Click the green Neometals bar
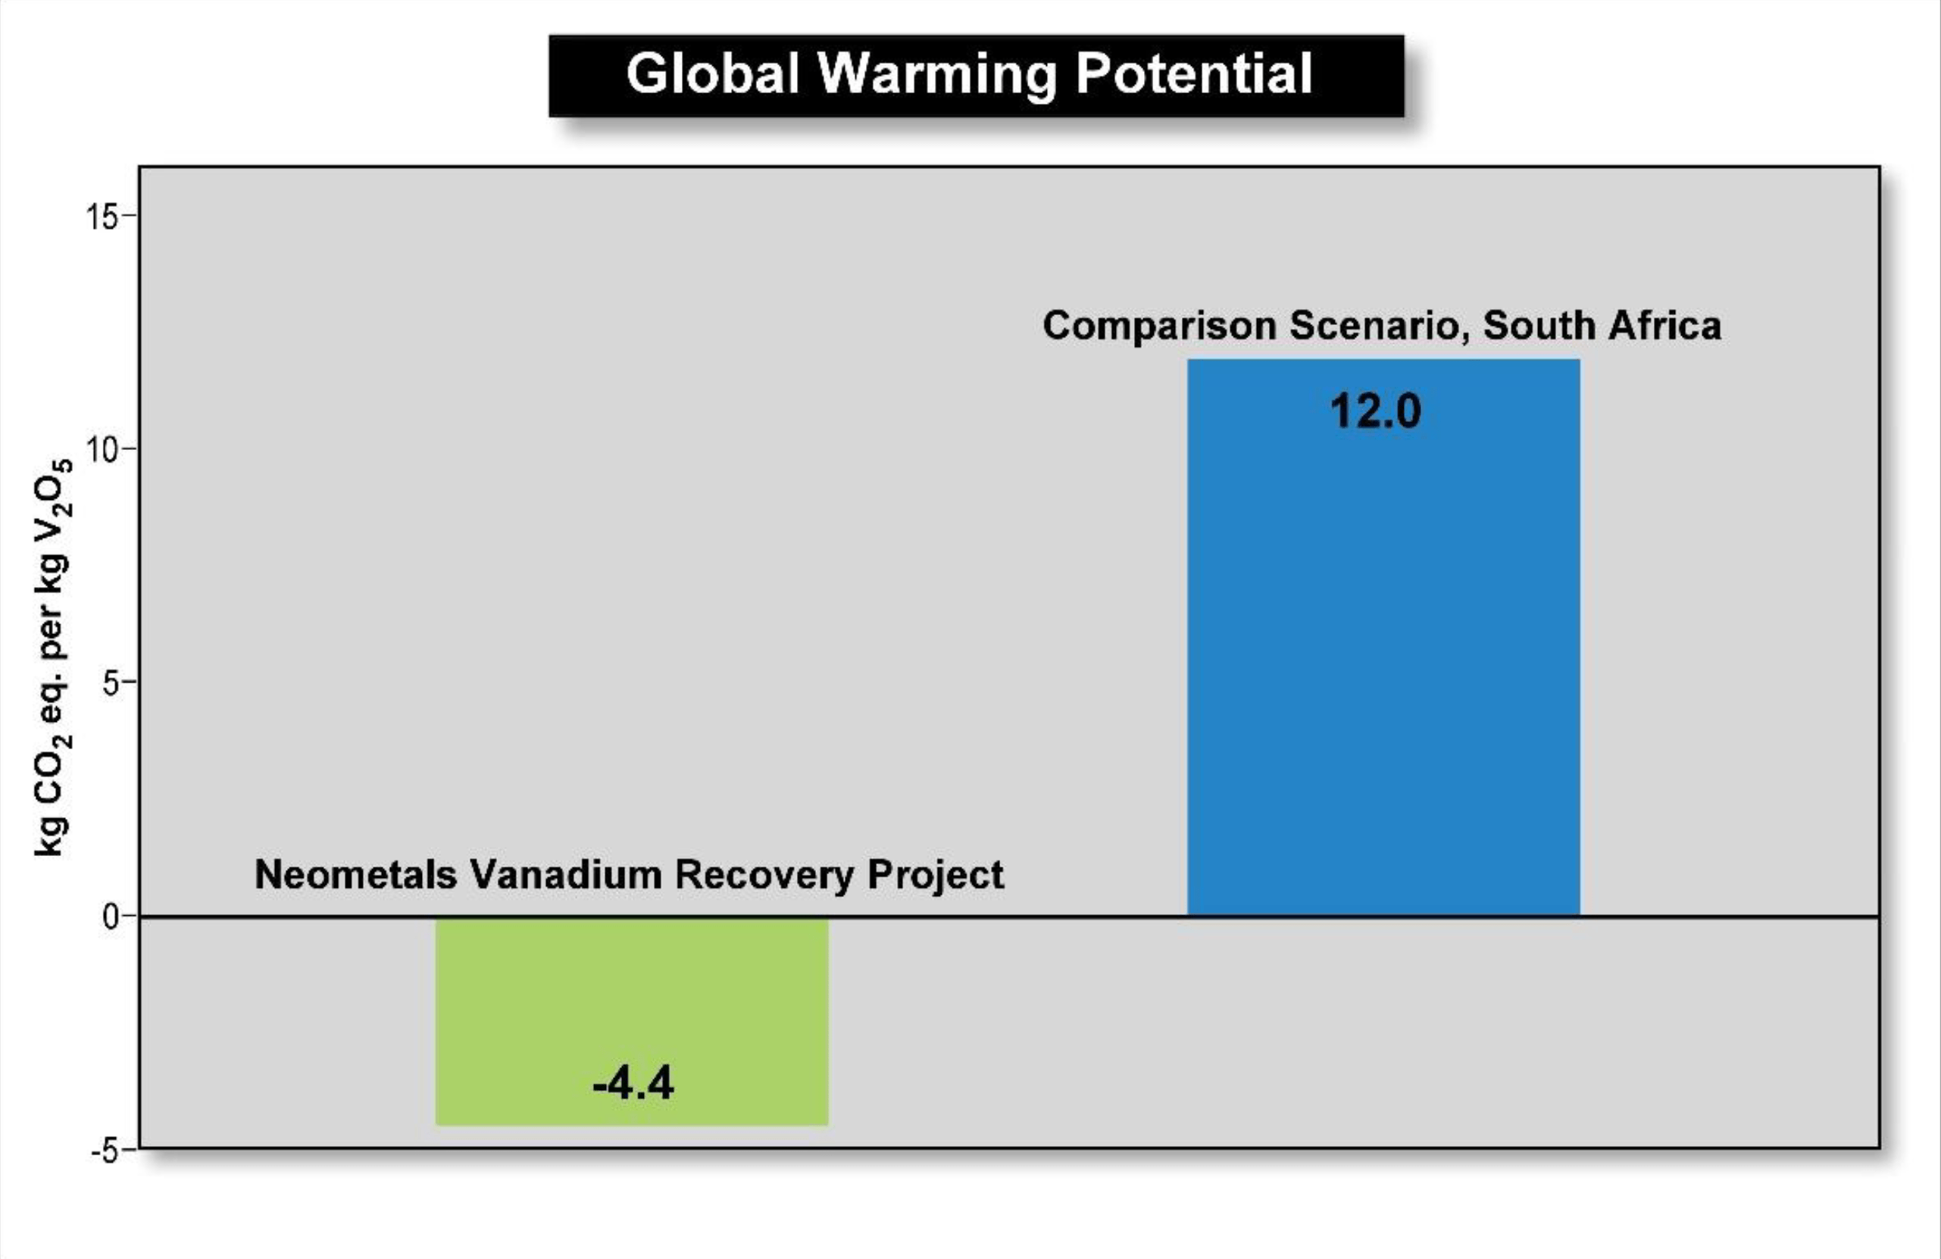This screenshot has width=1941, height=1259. click(632, 1021)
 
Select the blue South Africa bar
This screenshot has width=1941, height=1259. click(1383, 638)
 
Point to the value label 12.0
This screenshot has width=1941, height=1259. click(1375, 411)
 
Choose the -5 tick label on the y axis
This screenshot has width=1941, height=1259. click(106, 1151)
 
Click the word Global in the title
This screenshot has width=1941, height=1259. click(713, 73)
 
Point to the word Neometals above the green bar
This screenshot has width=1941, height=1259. click(355, 874)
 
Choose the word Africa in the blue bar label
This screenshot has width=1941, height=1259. click(1664, 324)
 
